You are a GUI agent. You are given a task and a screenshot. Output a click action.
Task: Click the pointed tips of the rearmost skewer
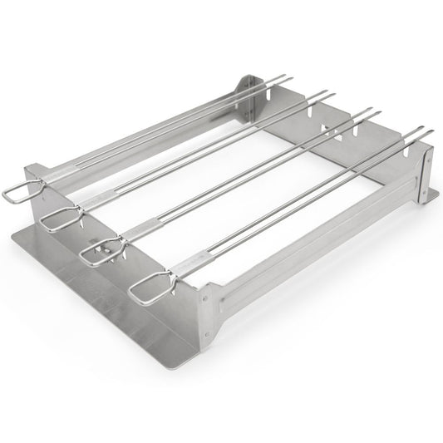[x=285, y=77]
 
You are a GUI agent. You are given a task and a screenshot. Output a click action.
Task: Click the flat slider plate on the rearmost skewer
[x=58, y=177]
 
